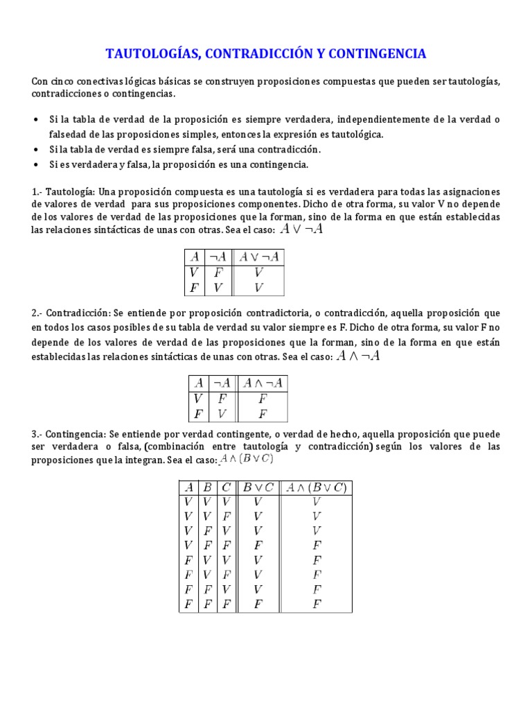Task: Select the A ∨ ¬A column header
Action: click(x=260, y=257)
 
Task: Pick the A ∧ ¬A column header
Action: click(x=263, y=382)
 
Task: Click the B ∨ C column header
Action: click(x=258, y=487)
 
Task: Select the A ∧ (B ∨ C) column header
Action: click(x=317, y=487)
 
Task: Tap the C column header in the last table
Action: click(x=226, y=487)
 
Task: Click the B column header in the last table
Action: click(x=206, y=487)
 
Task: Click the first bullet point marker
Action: click(x=35, y=120)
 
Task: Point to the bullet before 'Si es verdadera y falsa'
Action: click(x=35, y=164)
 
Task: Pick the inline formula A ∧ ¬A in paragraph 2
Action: click(x=357, y=356)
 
